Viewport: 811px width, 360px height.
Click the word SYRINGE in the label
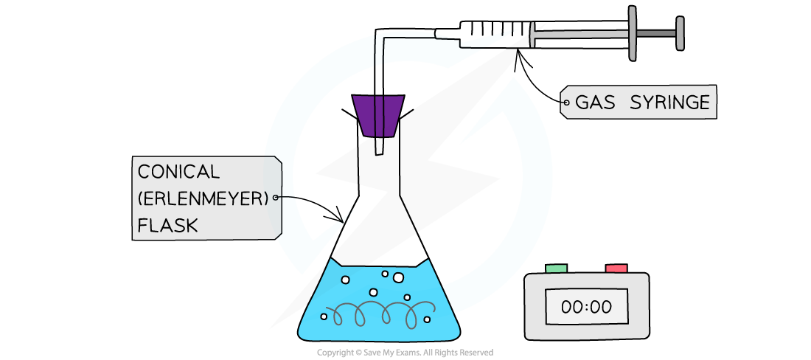coord(669,103)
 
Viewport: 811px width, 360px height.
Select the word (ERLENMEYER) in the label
coord(203,198)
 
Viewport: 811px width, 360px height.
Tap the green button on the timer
coord(556,269)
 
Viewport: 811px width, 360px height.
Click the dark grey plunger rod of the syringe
coord(656,33)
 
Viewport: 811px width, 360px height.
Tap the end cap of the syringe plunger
coord(680,33)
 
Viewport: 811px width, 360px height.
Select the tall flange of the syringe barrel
coord(633,33)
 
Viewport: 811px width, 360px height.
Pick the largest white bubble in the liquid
coord(399,277)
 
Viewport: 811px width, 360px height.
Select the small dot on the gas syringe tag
coord(565,103)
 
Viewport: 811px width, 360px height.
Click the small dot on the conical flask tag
coord(276,198)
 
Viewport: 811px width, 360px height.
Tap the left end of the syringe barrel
coord(532,34)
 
